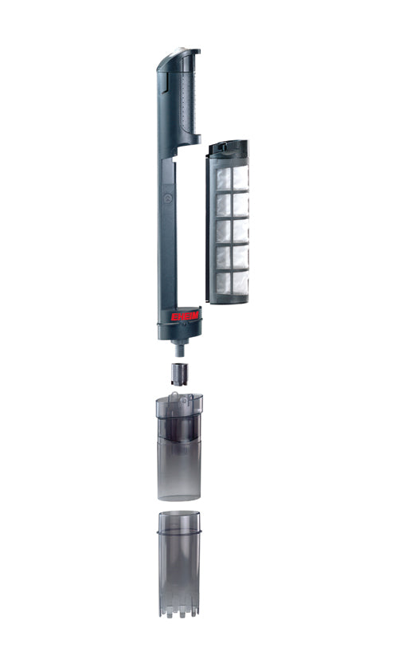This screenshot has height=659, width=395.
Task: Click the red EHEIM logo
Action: tap(186, 316)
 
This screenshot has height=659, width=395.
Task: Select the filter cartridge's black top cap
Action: tap(227, 148)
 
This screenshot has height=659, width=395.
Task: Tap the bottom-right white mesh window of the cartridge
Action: tap(239, 282)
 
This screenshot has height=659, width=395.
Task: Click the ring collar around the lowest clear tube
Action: tap(179, 530)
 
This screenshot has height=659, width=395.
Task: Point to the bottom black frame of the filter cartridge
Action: tap(227, 298)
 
